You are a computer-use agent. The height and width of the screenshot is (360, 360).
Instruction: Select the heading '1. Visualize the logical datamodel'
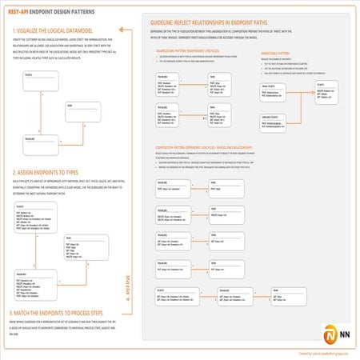coord(56,30)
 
